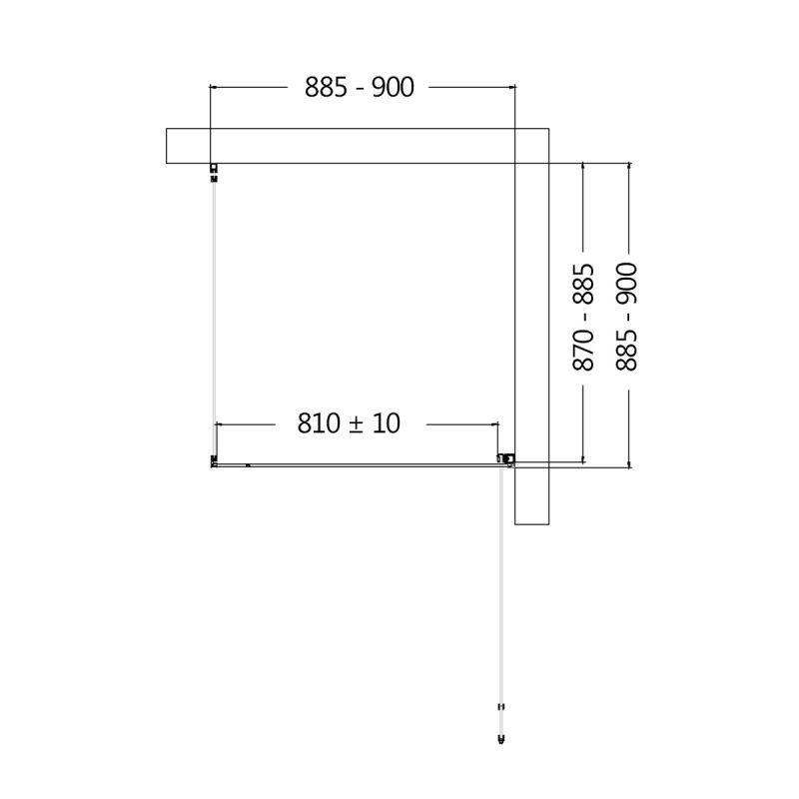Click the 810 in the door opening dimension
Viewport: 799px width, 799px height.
coord(319,423)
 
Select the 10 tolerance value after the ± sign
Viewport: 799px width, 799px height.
coord(387,423)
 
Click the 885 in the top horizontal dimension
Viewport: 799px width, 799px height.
coord(327,88)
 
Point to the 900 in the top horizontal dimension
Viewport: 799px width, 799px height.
coord(393,88)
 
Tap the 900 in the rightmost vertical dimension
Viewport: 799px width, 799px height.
coord(627,284)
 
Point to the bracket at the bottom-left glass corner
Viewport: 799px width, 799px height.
coord(214,460)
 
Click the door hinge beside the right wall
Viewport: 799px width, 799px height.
coord(507,459)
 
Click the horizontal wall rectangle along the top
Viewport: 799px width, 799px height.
coord(340,146)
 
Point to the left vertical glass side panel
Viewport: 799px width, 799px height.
coord(214,310)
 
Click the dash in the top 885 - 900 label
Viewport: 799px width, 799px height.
coord(360,89)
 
